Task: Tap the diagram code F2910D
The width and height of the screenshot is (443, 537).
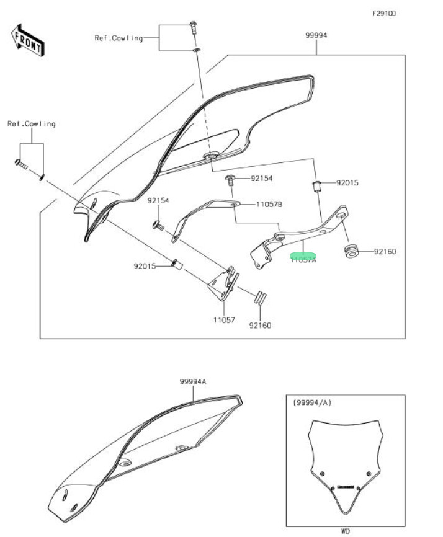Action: tap(383, 13)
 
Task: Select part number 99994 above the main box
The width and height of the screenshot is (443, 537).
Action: tap(316, 35)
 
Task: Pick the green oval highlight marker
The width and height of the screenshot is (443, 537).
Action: tap(303, 255)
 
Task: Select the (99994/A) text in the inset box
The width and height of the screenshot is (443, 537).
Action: tap(311, 402)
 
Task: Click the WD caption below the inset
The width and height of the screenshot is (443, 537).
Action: tap(345, 531)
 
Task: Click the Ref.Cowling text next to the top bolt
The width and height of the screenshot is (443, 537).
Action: tap(119, 38)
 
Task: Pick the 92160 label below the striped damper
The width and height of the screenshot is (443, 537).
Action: tap(260, 325)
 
